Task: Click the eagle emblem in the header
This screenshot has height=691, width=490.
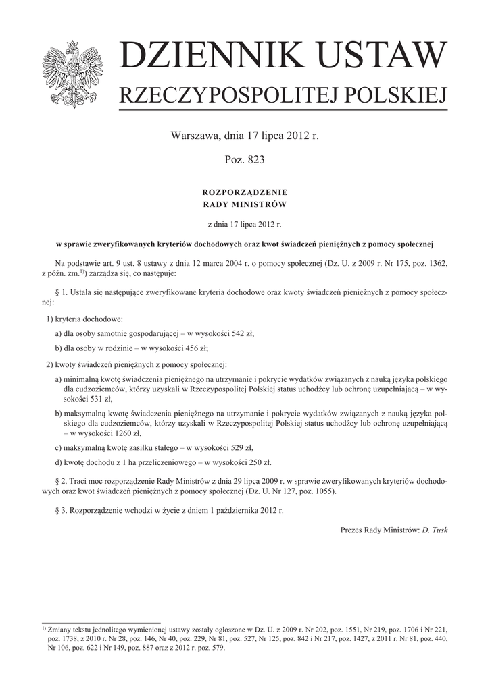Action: tap(71, 73)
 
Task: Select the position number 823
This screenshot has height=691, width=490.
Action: tap(253, 160)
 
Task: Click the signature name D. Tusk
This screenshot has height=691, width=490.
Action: tap(434, 530)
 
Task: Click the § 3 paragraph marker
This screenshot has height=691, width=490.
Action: tap(57, 511)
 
